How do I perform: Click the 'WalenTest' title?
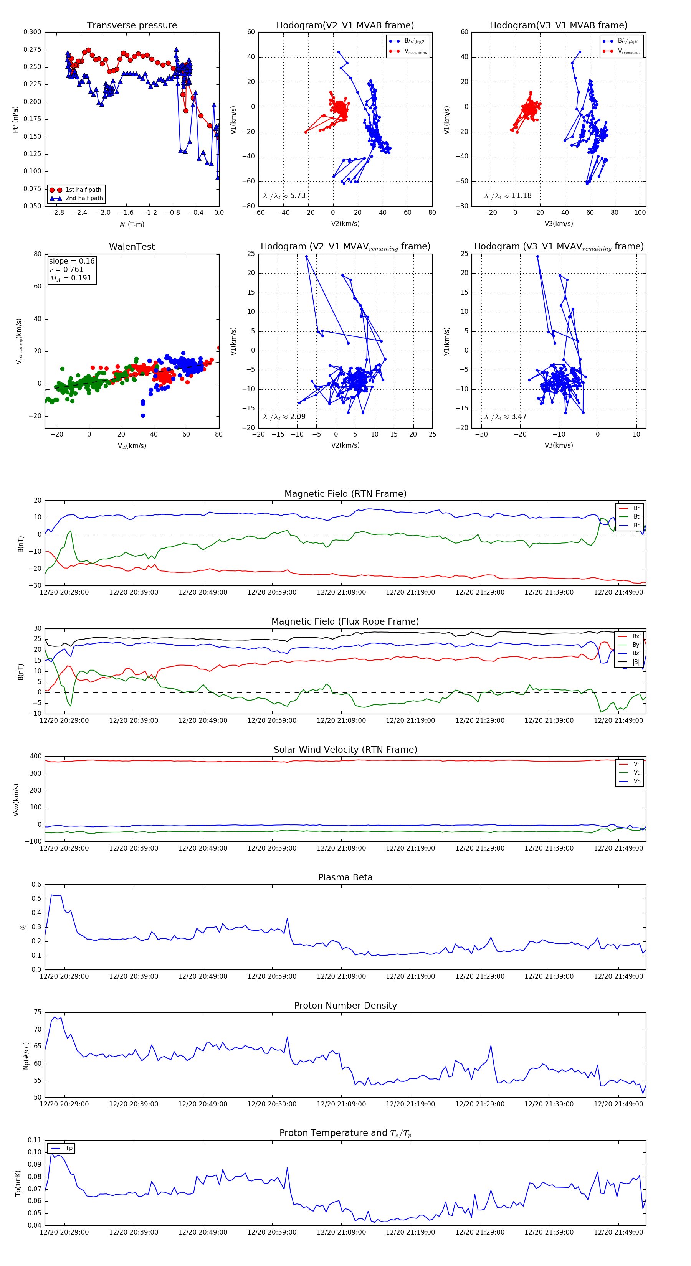(x=132, y=247)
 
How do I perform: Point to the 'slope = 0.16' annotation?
(x=71, y=261)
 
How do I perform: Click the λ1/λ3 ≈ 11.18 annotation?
(x=508, y=196)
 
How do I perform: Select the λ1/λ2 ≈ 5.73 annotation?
(x=284, y=196)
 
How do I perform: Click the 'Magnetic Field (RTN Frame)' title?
(x=345, y=494)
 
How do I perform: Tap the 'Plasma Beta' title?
(x=345, y=877)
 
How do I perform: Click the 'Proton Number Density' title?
(x=345, y=1006)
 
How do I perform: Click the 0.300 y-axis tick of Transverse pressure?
(x=33, y=32)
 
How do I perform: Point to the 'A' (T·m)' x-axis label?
(x=132, y=224)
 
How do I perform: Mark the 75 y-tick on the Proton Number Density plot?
(x=38, y=1012)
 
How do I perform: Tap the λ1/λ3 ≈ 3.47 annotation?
(x=505, y=417)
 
